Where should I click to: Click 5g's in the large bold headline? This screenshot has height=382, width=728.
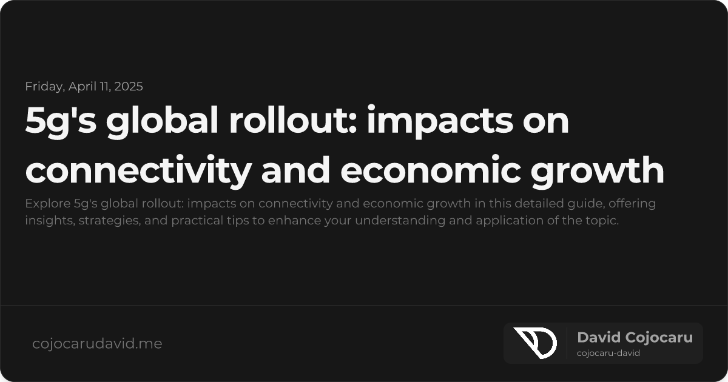pos(59,121)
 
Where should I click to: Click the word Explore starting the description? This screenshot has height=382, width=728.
pos(44,204)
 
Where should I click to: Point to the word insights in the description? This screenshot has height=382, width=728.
pos(46,221)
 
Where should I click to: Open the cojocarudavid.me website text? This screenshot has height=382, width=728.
pos(97,344)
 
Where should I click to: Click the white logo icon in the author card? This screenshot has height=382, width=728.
pos(534,343)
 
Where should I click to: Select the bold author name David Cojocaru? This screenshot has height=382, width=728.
pos(635,338)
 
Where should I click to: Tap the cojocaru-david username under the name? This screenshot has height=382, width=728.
pos(608,353)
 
